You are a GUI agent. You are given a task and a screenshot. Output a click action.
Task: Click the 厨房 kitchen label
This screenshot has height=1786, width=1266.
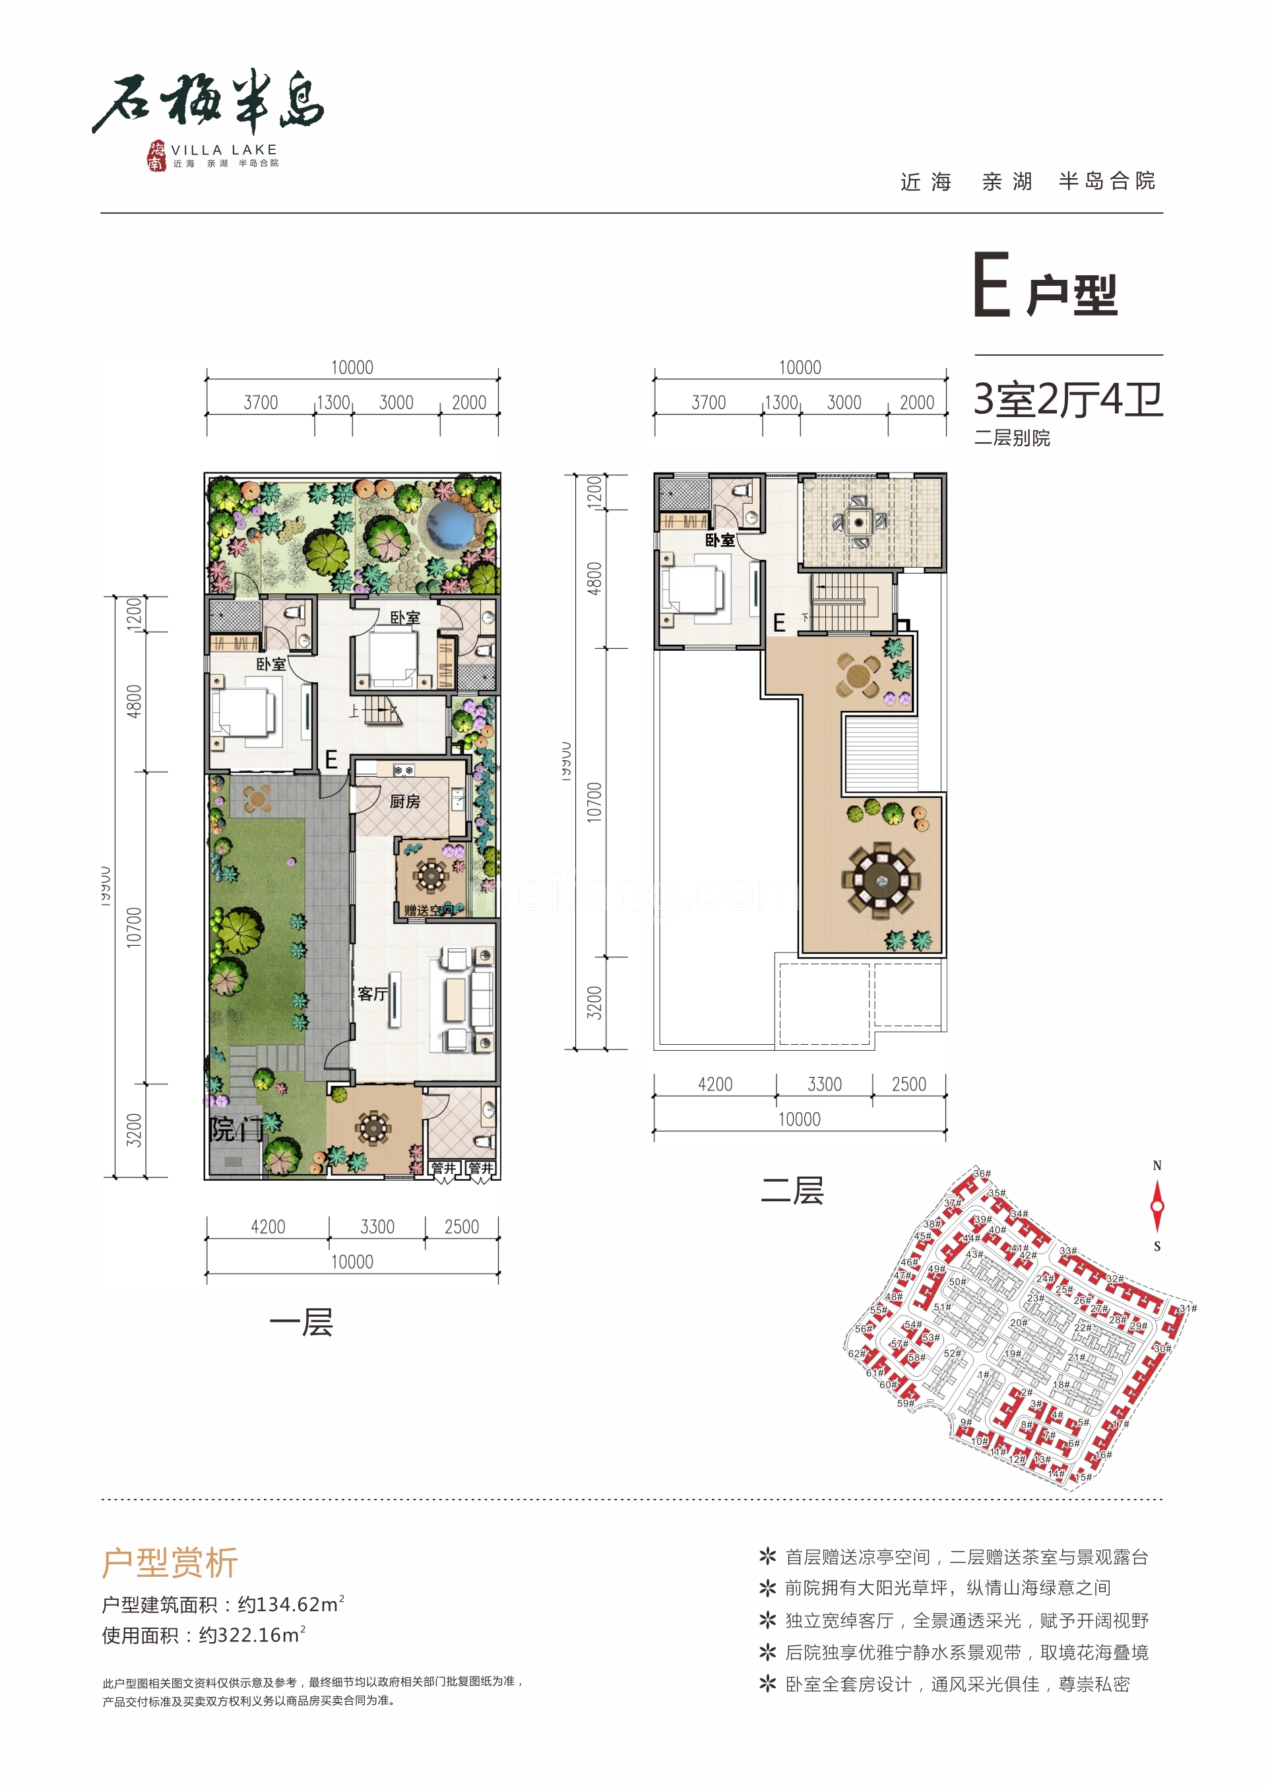(x=404, y=801)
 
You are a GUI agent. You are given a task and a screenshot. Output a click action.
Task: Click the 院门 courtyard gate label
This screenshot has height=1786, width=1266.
(x=236, y=1129)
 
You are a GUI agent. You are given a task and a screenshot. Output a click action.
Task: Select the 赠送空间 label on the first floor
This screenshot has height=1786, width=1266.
(x=428, y=910)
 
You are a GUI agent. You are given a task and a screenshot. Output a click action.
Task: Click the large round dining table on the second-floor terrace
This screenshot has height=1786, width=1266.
(x=881, y=881)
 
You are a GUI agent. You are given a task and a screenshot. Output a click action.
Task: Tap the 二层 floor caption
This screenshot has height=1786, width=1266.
(x=792, y=1191)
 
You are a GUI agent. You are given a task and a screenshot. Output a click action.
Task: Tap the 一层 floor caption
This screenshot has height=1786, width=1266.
(x=301, y=1323)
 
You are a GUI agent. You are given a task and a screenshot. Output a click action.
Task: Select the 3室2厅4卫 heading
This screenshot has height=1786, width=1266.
(x=1068, y=399)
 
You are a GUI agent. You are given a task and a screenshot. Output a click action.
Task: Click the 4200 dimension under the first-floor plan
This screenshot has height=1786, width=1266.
(x=267, y=1227)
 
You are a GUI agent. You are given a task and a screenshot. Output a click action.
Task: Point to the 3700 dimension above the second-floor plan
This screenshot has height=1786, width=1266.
(x=708, y=403)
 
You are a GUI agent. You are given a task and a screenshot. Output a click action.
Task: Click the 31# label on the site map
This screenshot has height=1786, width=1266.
(x=1187, y=1309)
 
